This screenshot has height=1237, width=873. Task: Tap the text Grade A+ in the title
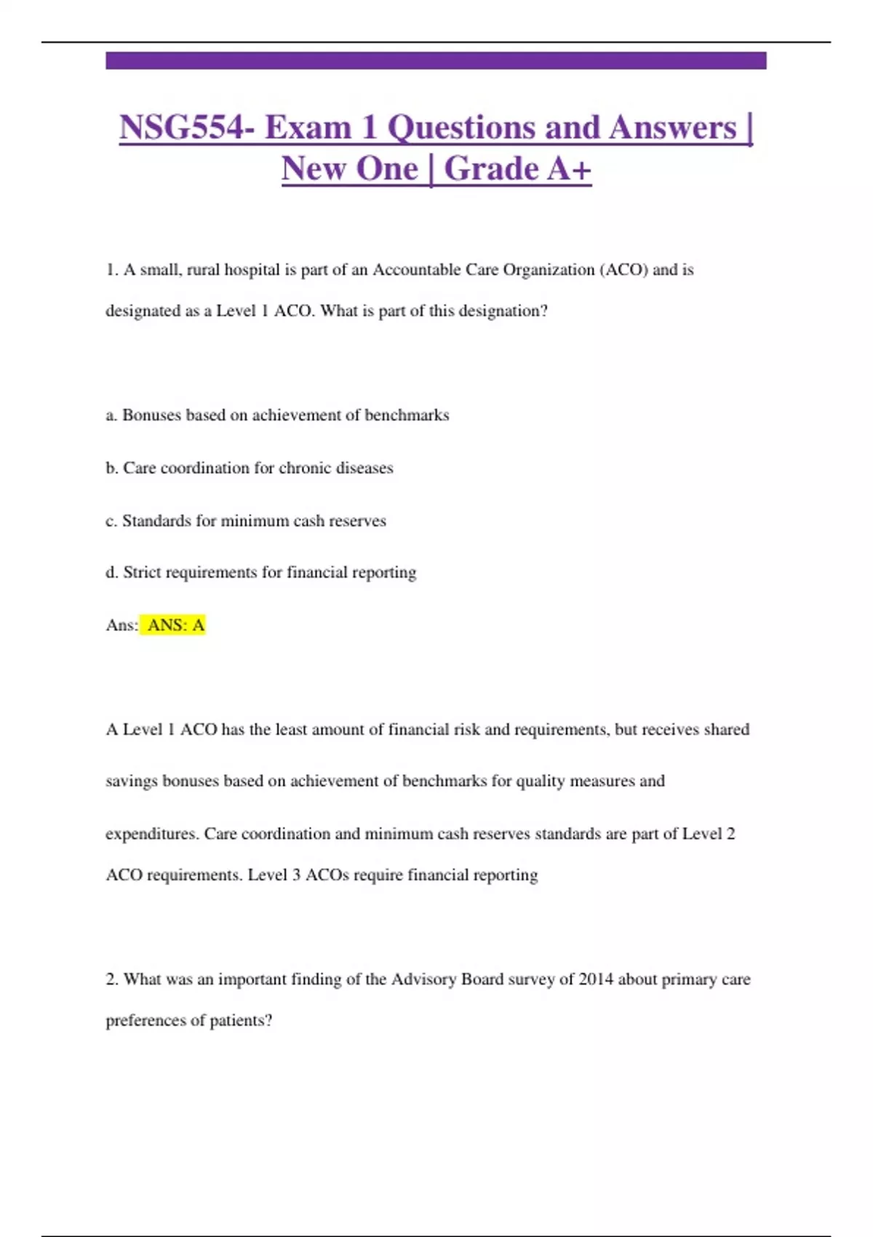coord(517,170)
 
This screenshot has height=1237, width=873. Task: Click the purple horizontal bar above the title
coord(436,60)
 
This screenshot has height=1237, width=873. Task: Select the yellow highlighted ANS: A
coord(175,625)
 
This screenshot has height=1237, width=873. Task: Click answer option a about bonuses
coord(277,415)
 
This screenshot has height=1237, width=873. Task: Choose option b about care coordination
coord(250,468)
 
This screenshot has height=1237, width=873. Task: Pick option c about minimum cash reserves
coord(246,521)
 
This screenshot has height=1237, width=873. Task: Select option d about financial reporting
coord(261,573)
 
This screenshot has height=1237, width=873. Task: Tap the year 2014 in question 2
coord(596,979)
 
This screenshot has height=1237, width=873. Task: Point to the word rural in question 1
coord(203,270)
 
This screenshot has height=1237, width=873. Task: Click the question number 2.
coord(111,979)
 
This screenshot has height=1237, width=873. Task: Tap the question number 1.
coord(111,270)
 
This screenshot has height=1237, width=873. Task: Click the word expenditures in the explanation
coord(151,834)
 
